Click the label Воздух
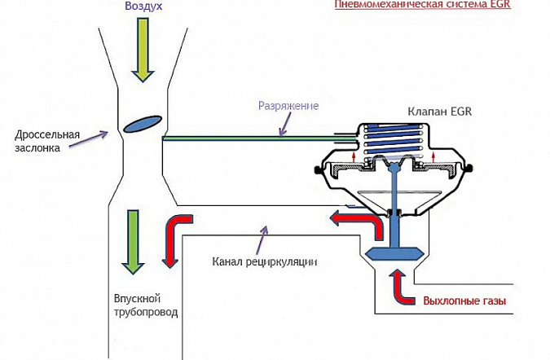(x=143, y=6)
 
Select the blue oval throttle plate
(x=143, y=124)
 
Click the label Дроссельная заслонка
(x=47, y=141)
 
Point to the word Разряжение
(x=288, y=106)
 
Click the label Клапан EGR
(x=439, y=112)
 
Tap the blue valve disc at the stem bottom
(x=393, y=253)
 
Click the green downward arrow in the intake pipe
(x=133, y=242)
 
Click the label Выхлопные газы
(x=464, y=301)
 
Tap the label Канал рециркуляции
(x=265, y=261)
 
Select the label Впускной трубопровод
(x=146, y=305)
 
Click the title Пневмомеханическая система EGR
(x=422, y=4)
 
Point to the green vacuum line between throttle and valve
(x=260, y=138)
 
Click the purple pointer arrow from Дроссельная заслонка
(x=88, y=139)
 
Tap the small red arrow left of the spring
(x=354, y=156)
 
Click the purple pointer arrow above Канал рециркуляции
(x=262, y=239)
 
